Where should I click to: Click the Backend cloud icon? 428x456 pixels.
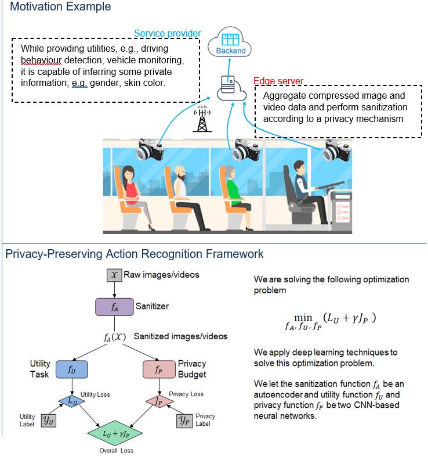point(231,44)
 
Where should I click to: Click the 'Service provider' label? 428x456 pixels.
point(168,34)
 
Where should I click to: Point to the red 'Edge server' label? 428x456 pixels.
point(278,81)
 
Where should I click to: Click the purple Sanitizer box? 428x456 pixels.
point(114,306)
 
